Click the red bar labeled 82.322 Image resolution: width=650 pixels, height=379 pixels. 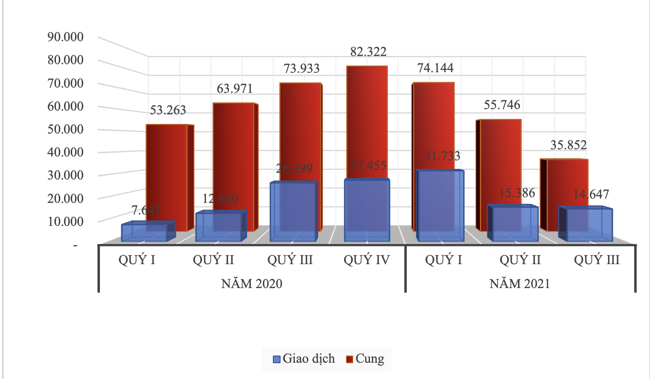pos(366,120)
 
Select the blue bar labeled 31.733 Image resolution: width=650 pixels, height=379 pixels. pos(440,206)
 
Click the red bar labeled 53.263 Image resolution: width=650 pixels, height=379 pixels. pos(167,172)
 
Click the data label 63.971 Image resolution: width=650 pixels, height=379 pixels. pos(234,89)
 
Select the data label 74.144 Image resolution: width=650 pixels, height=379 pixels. pos(435,68)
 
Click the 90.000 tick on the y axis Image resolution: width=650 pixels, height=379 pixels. pos(63,37)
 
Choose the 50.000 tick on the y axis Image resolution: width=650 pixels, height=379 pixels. pos(63,129)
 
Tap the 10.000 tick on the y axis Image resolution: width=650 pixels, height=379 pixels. pos(63,221)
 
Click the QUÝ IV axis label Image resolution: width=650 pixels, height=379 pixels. pos(367,260)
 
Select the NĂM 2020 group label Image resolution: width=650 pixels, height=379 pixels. pos(252,283)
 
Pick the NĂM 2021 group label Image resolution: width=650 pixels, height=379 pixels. pos(520,283)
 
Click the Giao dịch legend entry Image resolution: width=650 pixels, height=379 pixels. pos(304,359)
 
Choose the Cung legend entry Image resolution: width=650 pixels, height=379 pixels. pos(365,359)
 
